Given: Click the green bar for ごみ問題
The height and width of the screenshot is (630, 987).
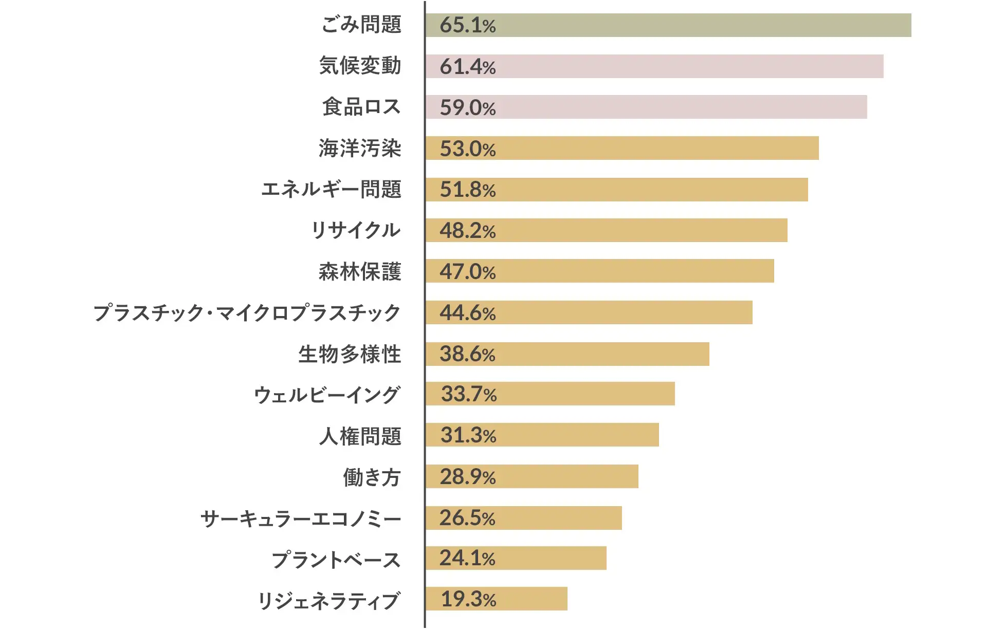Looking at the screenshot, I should pyautogui.click(x=668, y=25).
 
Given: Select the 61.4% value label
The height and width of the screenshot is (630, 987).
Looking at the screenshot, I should pyautogui.click(x=467, y=67).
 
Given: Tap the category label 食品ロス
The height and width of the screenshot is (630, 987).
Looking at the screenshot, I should pyautogui.click(x=361, y=107).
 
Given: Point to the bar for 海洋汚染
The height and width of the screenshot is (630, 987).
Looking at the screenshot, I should pyautogui.click(x=622, y=148).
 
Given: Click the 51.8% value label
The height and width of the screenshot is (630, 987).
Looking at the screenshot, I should pyautogui.click(x=467, y=190).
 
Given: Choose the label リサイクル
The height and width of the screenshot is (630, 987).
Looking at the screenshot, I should pyautogui.click(x=356, y=230).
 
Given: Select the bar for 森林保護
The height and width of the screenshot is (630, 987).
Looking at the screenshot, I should pyautogui.click(x=599, y=271).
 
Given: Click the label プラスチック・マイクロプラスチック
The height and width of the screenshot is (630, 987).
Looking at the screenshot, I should pyautogui.click(x=247, y=313).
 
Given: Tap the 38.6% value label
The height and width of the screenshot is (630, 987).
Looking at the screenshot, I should pyautogui.click(x=467, y=354).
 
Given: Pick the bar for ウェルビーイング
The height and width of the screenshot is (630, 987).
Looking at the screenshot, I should pyautogui.click(x=550, y=394).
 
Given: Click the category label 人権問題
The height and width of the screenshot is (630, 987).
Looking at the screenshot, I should pyautogui.click(x=360, y=436).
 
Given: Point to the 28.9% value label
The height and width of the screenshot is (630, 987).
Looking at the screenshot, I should pyautogui.click(x=467, y=477).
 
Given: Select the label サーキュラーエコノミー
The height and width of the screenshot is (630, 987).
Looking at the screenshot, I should pyautogui.click(x=301, y=518).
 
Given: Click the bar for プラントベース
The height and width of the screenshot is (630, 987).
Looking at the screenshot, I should pyautogui.click(x=516, y=558).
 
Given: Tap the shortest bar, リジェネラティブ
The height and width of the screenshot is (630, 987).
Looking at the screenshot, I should pyautogui.click(x=496, y=599).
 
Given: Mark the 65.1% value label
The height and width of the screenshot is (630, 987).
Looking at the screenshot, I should pyautogui.click(x=467, y=25).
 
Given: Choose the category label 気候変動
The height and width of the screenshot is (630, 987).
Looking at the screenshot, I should pyautogui.click(x=360, y=66).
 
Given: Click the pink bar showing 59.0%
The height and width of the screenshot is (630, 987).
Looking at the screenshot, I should pyautogui.click(x=646, y=107).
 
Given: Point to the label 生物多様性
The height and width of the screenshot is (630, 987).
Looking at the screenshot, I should pyautogui.click(x=350, y=354).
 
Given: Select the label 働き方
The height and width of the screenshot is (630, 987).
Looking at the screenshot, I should pyautogui.click(x=371, y=477).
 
